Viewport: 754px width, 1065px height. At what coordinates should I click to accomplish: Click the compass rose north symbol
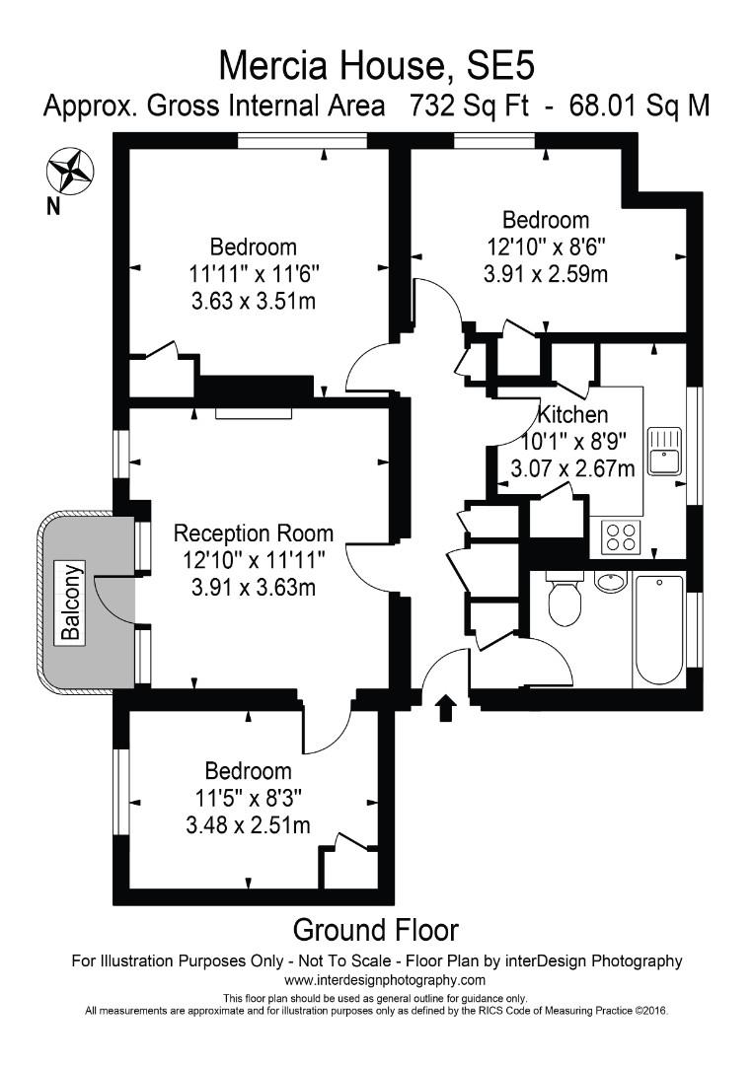(69, 170)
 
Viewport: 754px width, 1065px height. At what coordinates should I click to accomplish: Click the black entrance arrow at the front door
(445, 706)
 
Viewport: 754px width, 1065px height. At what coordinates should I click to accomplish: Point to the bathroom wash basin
(612, 582)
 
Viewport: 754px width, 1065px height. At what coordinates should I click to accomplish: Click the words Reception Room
(254, 533)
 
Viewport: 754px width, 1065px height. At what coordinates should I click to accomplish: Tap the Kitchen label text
(572, 415)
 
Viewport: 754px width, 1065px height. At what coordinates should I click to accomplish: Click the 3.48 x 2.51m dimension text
(248, 824)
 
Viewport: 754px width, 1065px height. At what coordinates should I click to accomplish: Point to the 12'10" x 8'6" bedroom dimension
(545, 247)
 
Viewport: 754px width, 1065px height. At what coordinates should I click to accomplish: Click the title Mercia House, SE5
(376, 65)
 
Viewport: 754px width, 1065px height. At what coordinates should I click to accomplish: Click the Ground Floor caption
(376, 929)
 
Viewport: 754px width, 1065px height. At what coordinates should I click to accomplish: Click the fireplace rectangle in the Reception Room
(255, 412)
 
